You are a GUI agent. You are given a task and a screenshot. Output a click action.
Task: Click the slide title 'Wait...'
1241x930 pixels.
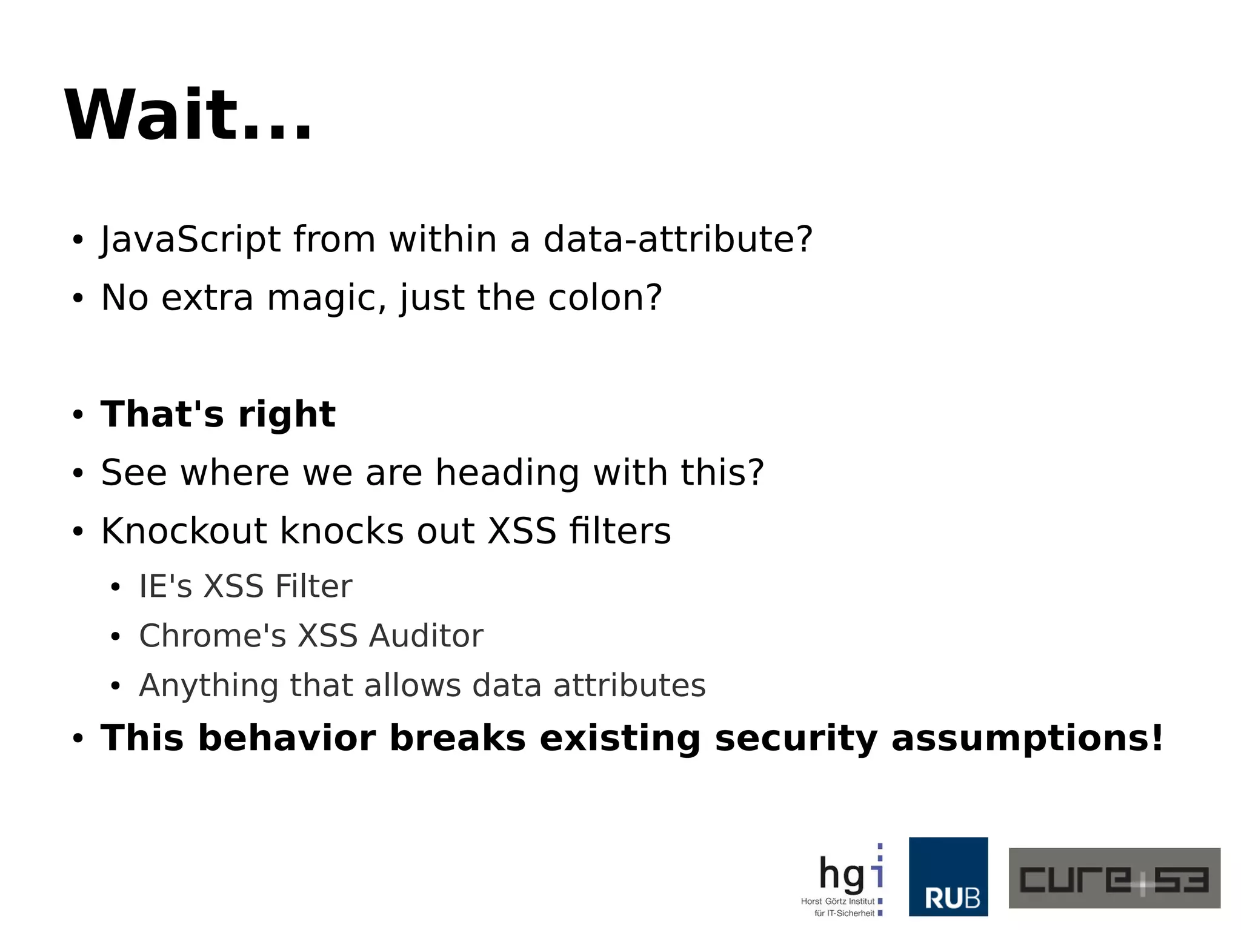pyautogui.click(x=188, y=115)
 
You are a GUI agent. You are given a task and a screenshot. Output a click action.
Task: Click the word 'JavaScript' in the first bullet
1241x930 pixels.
pyautogui.click(x=190, y=239)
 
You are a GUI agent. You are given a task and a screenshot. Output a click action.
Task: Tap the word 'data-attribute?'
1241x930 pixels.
pyautogui.click(x=677, y=239)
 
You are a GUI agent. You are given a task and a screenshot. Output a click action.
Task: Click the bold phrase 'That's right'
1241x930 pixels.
pyautogui.click(x=218, y=414)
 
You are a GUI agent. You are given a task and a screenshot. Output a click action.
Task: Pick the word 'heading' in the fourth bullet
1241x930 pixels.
pyautogui.click(x=507, y=473)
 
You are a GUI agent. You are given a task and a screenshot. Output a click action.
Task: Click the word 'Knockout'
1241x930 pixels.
pyautogui.click(x=184, y=531)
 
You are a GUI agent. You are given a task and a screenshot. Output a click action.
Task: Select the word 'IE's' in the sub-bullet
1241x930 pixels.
pyautogui.click(x=165, y=586)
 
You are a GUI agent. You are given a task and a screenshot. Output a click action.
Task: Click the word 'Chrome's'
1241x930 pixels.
pyautogui.click(x=212, y=636)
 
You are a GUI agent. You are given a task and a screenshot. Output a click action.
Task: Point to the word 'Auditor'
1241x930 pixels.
pyautogui.click(x=426, y=636)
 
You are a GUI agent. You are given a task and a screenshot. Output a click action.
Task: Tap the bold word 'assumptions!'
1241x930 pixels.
pyautogui.click(x=1027, y=739)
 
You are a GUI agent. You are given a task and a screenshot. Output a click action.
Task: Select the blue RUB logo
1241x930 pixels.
pyautogui.click(x=948, y=877)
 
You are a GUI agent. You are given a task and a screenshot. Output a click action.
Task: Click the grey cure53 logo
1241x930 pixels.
pyautogui.click(x=1114, y=878)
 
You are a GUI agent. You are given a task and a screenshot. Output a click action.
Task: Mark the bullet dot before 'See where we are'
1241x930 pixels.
pyautogui.click(x=78, y=474)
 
